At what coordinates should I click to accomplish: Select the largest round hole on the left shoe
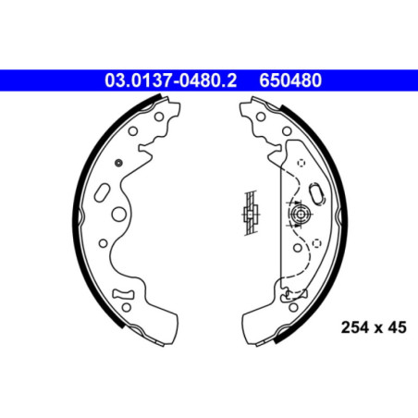(x=120, y=213)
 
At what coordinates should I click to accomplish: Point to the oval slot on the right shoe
(x=316, y=193)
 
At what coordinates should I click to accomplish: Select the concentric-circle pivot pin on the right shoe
(x=300, y=215)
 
